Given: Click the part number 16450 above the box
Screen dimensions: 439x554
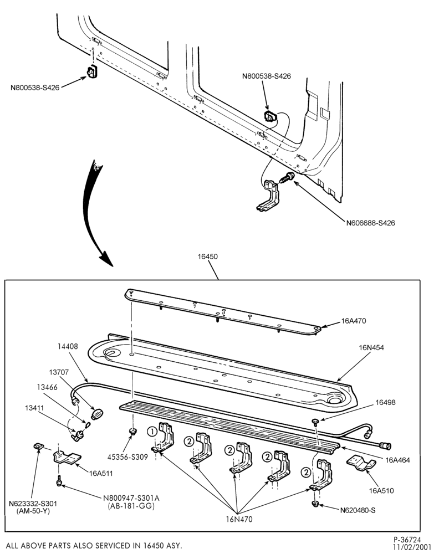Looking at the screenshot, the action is click(x=207, y=257).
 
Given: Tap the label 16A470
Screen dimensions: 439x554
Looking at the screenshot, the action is click(x=354, y=321).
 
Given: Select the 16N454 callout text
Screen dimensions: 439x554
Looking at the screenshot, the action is click(x=371, y=348).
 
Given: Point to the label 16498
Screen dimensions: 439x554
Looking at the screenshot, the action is click(x=385, y=402).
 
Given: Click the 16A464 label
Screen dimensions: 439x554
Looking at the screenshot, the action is click(x=397, y=460).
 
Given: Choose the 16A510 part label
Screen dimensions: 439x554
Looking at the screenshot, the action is click(x=381, y=490).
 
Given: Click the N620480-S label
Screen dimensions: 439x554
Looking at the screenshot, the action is click(x=358, y=510).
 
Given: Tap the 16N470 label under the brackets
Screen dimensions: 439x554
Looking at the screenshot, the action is click(x=239, y=520).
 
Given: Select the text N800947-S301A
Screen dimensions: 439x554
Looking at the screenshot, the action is click(x=131, y=498).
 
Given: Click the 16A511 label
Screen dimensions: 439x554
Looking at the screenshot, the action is click(x=101, y=474).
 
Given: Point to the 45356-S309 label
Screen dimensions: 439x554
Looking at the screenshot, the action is click(x=127, y=457).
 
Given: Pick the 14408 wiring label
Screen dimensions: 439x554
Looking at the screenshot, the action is click(x=68, y=347).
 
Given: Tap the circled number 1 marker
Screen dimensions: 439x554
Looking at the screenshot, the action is click(x=152, y=432).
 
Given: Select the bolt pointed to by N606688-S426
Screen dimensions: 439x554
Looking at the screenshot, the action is click(x=285, y=177).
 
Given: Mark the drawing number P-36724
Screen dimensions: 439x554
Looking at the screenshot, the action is click(x=407, y=540).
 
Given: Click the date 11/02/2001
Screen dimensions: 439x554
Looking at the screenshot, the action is click(x=412, y=547).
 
